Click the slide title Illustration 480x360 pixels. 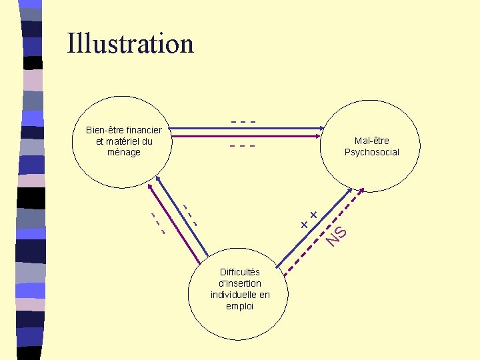coord(130,44)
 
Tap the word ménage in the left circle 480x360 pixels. coord(124,152)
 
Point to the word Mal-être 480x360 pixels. coord(372,141)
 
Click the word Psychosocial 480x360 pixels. coord(372,152)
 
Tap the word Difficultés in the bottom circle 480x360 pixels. coord(240,272)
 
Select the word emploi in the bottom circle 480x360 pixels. coord(240,306)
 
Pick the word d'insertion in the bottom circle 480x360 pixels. coord(240,283)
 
